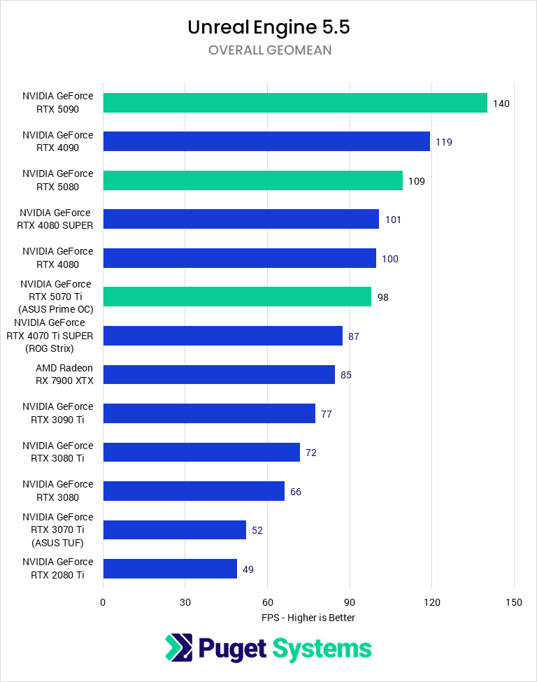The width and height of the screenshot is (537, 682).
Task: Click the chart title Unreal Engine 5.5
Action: coord(268,27)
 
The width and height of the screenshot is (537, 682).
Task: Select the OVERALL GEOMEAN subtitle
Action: coord(269,50)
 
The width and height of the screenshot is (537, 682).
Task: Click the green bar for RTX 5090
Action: coord(294,103)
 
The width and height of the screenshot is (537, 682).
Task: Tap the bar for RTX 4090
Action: coord(266,142)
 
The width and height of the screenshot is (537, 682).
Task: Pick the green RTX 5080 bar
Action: coord(252,180)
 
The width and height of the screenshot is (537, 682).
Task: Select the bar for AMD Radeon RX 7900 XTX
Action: coord(218,375)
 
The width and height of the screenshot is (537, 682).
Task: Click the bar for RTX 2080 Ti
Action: coord(170,568)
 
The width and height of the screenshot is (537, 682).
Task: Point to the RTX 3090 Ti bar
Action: coord(208,413)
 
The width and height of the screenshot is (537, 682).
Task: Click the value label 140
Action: coord(501,104)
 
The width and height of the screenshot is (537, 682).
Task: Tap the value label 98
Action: coord(382,297)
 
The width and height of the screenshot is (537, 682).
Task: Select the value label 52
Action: coord(257,530)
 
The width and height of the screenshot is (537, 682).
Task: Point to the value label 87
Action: coord(354,336)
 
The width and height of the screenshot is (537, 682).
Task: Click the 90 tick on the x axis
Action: coord(350,602)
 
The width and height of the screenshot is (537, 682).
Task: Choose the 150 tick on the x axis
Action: coord(514,602)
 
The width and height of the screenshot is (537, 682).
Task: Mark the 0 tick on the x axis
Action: coord(103,602)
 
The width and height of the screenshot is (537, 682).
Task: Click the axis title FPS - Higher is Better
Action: coord(308,618)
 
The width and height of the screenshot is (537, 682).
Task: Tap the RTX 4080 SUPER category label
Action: coord(57,219)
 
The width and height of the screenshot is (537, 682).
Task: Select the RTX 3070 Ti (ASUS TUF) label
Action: coord(57,530)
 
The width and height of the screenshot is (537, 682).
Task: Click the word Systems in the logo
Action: coord(322,649)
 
